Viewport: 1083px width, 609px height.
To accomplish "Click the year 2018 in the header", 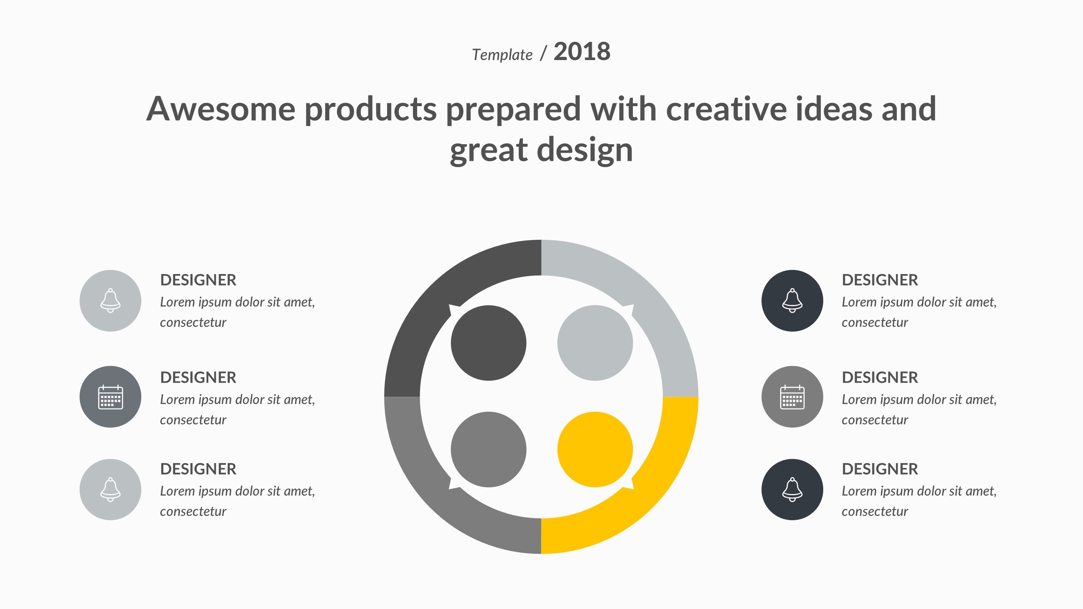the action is pyautogui.click(x=582, y=52).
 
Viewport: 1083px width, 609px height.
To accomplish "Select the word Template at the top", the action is pyautogui.click(x=502, y=55).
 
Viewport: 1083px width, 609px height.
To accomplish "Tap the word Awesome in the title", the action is pyautogui.click(x=221, y=109).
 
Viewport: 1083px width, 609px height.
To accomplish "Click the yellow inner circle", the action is pyautogui.click(x=595, y=450).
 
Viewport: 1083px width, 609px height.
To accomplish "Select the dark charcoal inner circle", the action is pyautogui.click(x=489, y=343).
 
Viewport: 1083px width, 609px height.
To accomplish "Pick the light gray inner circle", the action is pyautogui.click(x=595, y=343).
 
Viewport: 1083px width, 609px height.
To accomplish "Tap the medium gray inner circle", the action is pyautogui.click(x=489, y=450).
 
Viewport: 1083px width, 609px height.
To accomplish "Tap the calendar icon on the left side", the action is pyautogui.click(x=110, y=397).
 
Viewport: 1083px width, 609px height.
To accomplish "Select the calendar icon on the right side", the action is pyautogui.click(x=792, y=397).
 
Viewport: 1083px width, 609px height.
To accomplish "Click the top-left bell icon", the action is pyautogui.click(x=110, y=301).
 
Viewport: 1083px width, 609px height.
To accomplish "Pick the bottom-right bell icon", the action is pyautogui.click(x=792, y=490).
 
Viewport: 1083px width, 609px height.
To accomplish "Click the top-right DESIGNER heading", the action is pyautogui.click(x=880, y=280).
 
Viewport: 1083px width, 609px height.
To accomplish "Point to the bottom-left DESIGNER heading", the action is pyautogui.click(x=198, y=469).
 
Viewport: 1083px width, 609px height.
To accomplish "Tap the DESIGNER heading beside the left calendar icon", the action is pyautogui.click(x=198, y=377).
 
